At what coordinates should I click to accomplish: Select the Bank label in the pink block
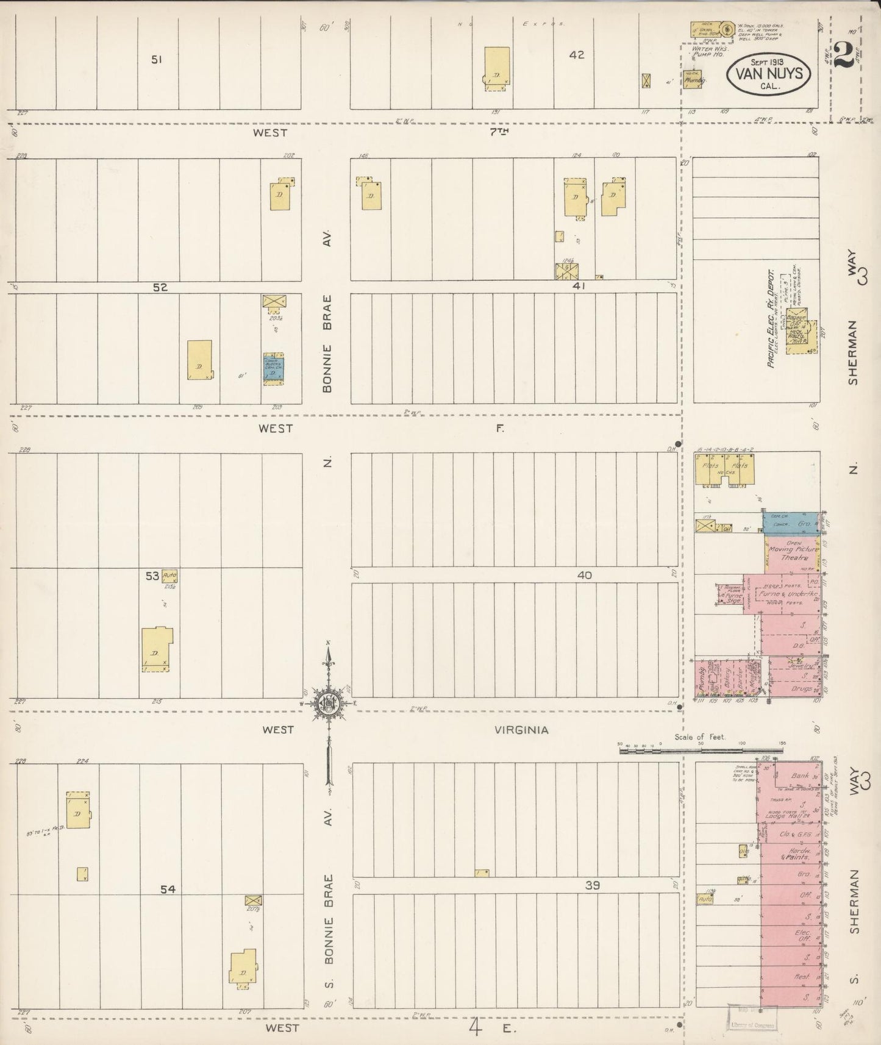coord(799,776)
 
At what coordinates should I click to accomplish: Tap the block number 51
coord(158,60)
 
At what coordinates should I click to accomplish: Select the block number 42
coord(576,55)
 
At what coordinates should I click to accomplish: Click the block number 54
coord(168,890)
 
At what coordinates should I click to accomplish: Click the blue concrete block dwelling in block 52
coord(273,368)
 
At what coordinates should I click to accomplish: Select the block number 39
coord(592,885)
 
